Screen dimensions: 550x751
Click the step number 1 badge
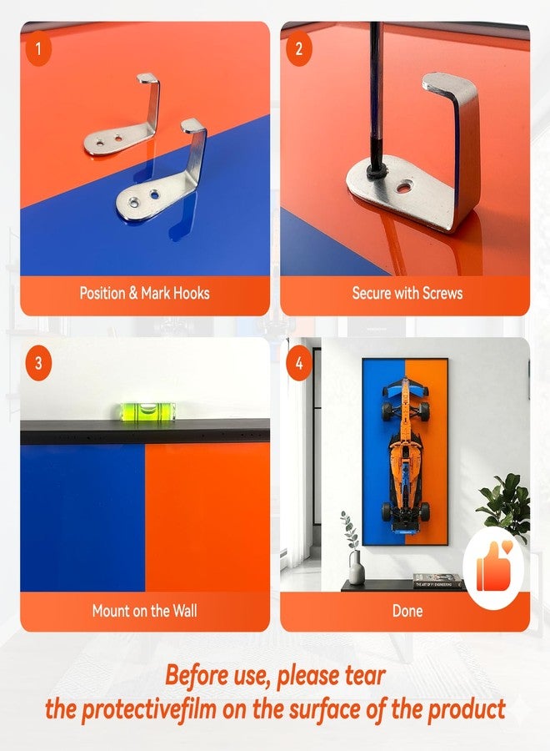click(x=38, y=48)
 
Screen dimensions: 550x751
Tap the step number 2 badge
click(x=299, y=48)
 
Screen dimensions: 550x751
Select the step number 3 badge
click(x=38, y=363)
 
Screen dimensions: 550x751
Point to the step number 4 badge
click(x=299, y=363)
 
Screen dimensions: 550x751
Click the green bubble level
click(x=147, y=411)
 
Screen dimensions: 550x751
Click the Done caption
click(x=407, y=611)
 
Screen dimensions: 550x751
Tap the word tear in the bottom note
click(x=365, y=676)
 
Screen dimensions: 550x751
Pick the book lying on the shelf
click(x=437, y=581)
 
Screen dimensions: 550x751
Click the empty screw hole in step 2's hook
click(x=406, y=186)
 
